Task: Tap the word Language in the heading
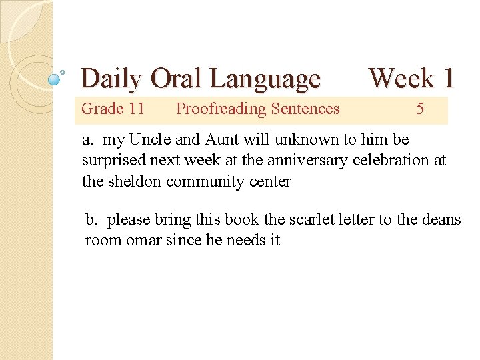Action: point(265,79)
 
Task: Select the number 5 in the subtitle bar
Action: point(420,109)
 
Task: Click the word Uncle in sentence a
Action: point(151,140)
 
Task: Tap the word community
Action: point(203,181)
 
